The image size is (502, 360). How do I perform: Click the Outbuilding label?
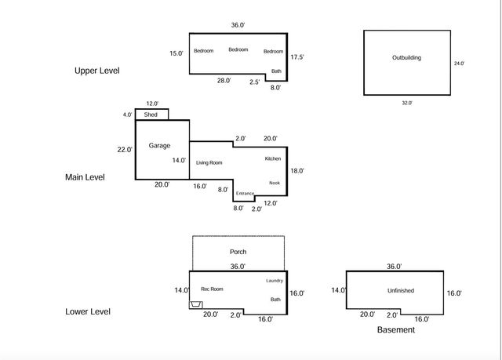coord(406,57)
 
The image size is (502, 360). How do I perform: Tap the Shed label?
coord(151,115)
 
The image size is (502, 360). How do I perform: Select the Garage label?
coord(159,146)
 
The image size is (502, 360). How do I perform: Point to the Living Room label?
coord(209,162)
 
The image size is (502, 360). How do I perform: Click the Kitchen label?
coord(273,158)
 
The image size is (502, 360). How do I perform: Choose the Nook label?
coord(275,183)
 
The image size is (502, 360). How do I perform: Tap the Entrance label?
coord(245,193)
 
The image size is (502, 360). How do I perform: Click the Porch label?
coord(238,252)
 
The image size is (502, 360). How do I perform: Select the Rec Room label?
coord(212,289)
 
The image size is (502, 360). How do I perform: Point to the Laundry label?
coord(275,281)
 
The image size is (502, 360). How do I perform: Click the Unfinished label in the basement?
coord(401,290)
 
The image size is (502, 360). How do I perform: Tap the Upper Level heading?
coord(97,71)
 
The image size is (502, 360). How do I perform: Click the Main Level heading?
coord(85,177)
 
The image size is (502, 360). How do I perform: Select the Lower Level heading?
coord(88,311)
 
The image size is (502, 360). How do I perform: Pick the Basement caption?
coord(396,330)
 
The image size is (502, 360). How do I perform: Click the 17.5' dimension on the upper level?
coord(297,57)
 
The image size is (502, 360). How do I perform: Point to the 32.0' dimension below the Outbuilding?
coord(407,103)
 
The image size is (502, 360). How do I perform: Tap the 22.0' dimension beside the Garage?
coord(125,150)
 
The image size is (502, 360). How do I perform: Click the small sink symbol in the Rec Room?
coord(195,304)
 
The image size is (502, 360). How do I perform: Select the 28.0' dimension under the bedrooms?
coord(224,81)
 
